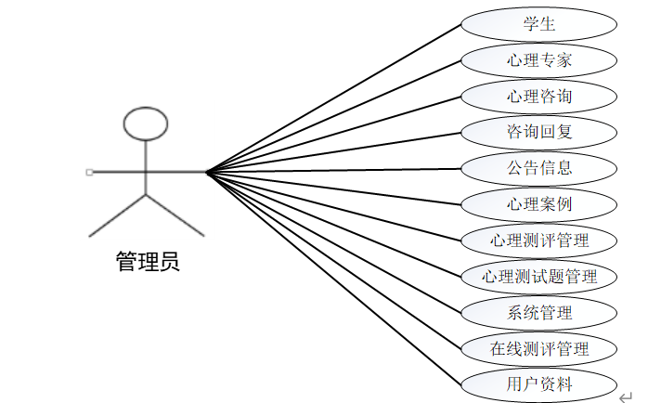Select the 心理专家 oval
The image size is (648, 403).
[x=539, y=61]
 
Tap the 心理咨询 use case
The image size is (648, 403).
[x=539, y=97]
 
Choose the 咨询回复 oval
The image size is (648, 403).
[x=539, y=132]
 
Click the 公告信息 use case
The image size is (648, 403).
[x=539, y=168]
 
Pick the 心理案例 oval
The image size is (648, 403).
[x=539, y=203]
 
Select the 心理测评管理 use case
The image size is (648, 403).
[x=539, y=240]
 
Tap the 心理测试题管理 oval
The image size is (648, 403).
[x=539, y=276]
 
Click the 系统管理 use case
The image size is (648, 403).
[x=539, y=312]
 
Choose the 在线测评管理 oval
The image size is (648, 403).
[x=539, y=348]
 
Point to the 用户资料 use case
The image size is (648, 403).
[x=539, y=383]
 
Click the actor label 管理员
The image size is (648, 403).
[x=148, y=262]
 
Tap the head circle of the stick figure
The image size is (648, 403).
[x=146, y=123]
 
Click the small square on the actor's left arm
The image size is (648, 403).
[x=89, y=172]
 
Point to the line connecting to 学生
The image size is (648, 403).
[x=334, y=97]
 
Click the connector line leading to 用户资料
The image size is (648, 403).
[x=334, y=278]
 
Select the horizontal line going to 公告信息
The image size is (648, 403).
[x=334, y=170]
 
